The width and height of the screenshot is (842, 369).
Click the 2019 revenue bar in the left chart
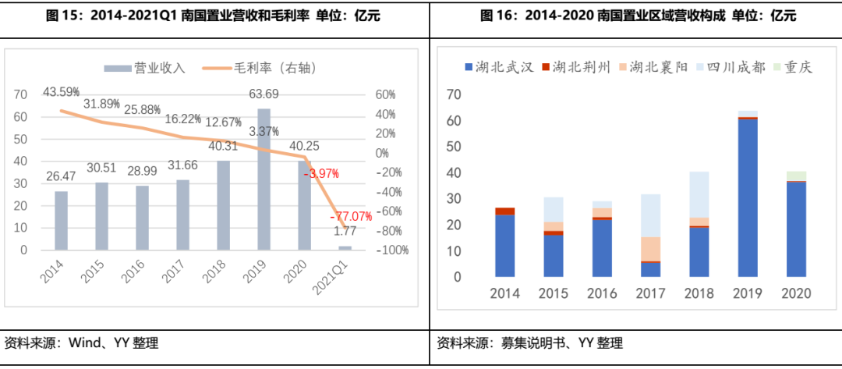(x=264, y=179)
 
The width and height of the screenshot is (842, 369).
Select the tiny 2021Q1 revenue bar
(x=345, y=248)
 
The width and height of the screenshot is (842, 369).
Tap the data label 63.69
(x=264, y=95)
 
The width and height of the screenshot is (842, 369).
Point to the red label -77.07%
(x=351, y=215)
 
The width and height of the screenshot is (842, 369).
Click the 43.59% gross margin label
(x=61, y=91)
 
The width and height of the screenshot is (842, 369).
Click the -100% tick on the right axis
(x=393, y=250)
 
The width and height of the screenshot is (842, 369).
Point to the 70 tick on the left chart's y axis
(x=20, y=94)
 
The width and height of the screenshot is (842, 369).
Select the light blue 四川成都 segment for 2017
(x=650, y=215)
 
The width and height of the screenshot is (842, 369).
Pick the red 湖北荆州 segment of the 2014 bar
(x=504, y=211)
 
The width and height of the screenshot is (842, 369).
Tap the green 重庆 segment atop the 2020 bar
(x=796, y=176)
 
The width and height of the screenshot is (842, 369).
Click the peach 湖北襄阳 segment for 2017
(x=650, y=248)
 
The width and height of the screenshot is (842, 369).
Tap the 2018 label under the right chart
(x=699, y=294)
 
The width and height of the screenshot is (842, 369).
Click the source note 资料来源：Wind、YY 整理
(x=82, y=343)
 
